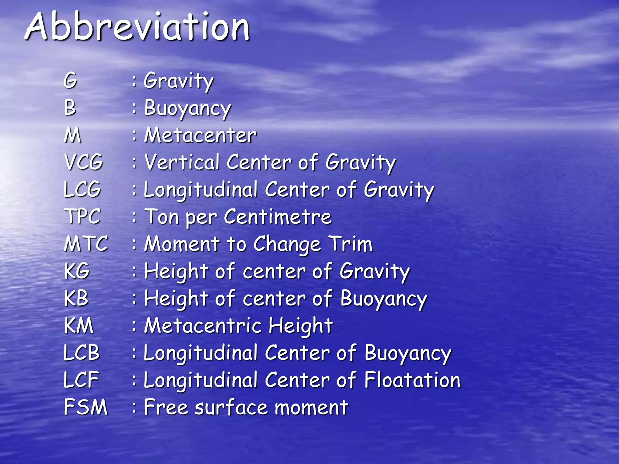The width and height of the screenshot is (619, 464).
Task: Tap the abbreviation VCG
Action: tap(84, 162)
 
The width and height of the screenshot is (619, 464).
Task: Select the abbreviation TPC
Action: tap(82, 217)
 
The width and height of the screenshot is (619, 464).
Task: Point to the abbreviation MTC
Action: tap(86, 244)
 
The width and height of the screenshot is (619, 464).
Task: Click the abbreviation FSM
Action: tap(86, 407)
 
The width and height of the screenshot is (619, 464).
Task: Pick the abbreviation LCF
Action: tap(81, 380)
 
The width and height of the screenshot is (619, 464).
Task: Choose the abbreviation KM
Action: tap(79, 326)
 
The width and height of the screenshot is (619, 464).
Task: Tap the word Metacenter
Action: tap(200, 135)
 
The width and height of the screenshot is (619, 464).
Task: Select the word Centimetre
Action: tap(278, 217)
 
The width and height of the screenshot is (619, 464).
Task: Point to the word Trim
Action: tap(351, 244)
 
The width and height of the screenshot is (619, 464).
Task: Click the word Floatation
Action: tap(412, 380)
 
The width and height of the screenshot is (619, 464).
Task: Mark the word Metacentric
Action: tap(203, 326)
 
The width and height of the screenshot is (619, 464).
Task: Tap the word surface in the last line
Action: tap(231, 407)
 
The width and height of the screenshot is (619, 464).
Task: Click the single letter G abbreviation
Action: tap(70, 81)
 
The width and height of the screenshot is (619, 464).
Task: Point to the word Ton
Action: tap(162, 217)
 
